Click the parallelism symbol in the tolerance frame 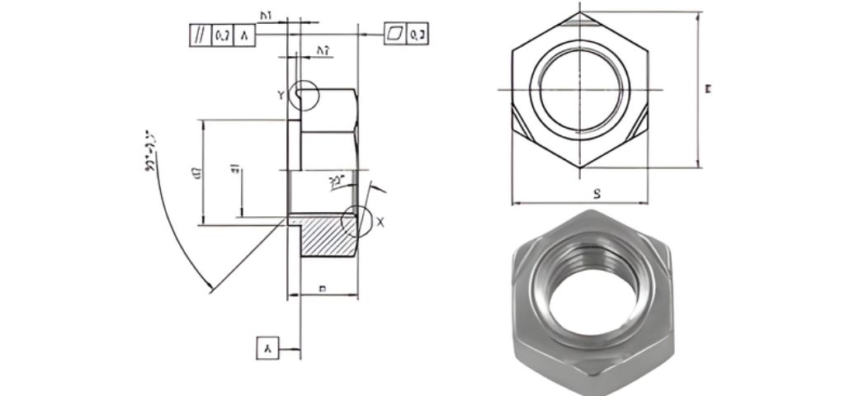(200, 35)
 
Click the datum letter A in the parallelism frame (245, 35)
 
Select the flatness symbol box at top (395, 35)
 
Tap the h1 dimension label (267, 15)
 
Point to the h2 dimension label (323, 51)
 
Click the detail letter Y (281, 96)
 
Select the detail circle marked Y (304, 95)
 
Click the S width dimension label (595, 193)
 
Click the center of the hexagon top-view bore (581, 88)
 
